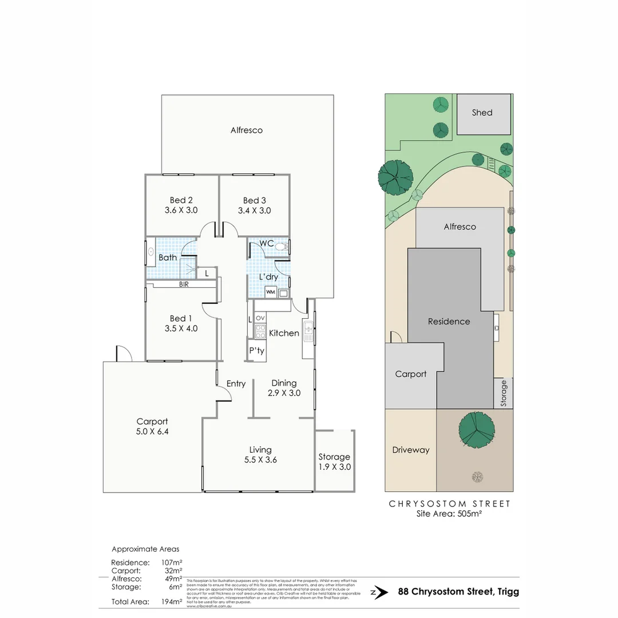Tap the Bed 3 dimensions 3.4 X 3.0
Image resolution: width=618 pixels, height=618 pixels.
254,211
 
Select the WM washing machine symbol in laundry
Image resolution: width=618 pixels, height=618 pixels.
271,292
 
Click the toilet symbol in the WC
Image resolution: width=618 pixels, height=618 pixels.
280,247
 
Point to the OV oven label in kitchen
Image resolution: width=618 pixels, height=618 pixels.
260,318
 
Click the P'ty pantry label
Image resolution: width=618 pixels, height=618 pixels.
256,351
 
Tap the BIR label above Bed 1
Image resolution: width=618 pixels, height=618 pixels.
184,284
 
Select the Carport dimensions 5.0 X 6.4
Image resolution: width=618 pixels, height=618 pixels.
152,432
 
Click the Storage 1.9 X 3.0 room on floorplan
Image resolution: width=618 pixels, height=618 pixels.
334,461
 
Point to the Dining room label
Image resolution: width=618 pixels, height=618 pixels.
284,383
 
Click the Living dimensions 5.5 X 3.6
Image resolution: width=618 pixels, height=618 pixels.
260,459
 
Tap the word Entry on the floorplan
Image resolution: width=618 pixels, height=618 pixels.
236,383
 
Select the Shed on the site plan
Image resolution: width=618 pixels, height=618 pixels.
482,113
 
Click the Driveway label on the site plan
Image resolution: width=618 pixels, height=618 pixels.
410,450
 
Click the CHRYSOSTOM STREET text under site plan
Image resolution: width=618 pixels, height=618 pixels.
449,504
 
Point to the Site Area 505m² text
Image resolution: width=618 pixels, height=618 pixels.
449,514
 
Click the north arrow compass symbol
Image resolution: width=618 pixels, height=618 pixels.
376,592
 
